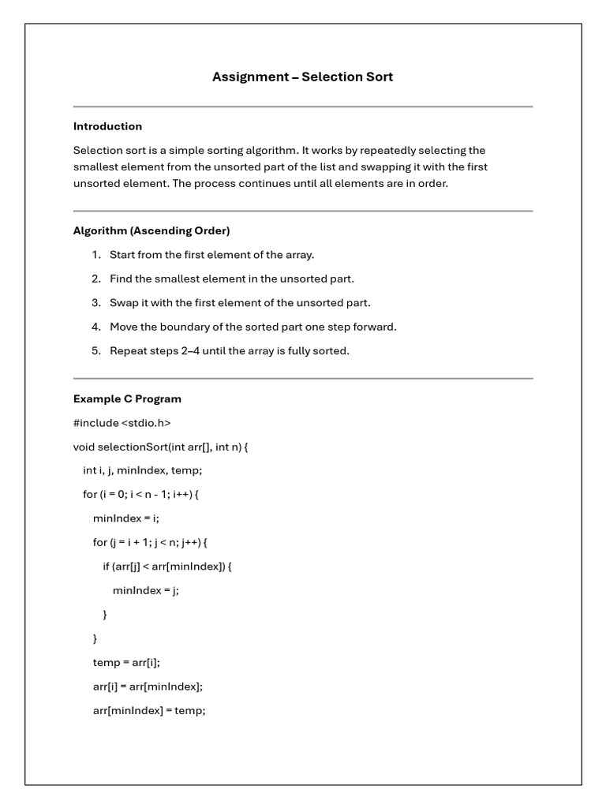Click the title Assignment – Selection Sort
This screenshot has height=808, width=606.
click(x=302, y=77)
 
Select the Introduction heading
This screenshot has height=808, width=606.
click(x=107, y=126)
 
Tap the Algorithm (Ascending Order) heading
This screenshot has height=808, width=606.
click(x=151, y=230)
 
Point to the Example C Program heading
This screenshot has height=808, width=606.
click(x=127, y=398)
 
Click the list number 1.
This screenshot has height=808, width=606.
click(x=96, y=255)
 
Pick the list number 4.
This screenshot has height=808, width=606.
click(x=96, y=327)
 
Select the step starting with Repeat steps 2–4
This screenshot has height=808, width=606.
click(x=229, y=350)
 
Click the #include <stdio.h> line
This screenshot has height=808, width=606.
click(x=122, y=423)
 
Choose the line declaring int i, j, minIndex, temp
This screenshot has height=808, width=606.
click(x=142, y=470)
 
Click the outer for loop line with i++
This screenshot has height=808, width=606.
click(x=140, y=495)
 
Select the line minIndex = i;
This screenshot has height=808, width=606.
click(x=125, y=518)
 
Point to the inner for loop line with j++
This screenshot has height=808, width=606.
click(x=149, y=542)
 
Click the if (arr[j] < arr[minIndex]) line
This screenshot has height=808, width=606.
click(x=168, y=567)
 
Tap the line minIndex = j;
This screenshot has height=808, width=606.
click(x=145, y=590)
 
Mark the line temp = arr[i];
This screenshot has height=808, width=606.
click(x=126, y=663)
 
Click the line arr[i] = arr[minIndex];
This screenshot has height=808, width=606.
click(x=148, y=686)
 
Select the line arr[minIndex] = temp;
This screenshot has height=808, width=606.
click(x=149, y=710)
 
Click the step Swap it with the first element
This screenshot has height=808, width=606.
click(x=240, y=302)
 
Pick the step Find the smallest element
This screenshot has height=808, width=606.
click(x=232, y=279)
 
